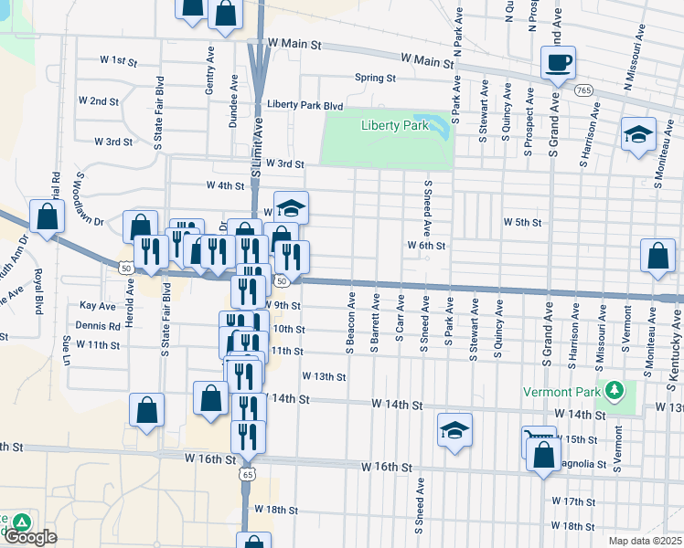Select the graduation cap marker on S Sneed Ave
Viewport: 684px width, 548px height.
click(x=454, y=430)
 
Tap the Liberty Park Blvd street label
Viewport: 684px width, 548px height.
click(x=305, y=105)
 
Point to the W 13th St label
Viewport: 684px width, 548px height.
click(x=325, y=376)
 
